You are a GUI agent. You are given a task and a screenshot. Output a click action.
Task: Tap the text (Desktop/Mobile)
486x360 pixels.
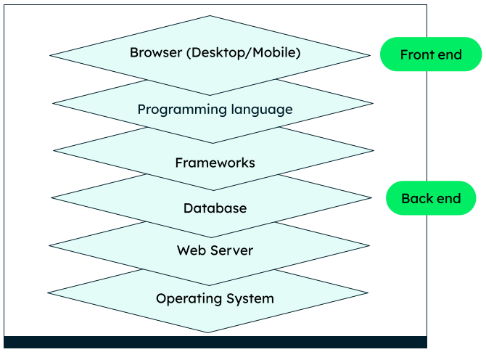click(x=240, y=53)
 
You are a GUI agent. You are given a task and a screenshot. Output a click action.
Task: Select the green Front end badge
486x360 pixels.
click(x=431, y=54)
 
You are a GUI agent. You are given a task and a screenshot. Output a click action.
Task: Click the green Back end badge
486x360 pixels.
click(x=431, y=198)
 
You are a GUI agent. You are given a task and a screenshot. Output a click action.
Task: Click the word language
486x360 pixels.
click(x=258, y=110)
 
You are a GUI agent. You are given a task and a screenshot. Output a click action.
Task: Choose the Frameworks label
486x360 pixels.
click(x=215, y=163)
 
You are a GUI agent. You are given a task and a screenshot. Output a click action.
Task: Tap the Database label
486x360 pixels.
click(x=215, y=208)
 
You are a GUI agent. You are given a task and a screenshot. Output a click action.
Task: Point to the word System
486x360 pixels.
click(x=250, y=298)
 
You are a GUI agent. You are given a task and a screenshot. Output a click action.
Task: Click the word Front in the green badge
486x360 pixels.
click(x=416, y=54)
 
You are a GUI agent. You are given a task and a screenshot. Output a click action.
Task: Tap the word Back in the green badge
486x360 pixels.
click(x=416, y=198)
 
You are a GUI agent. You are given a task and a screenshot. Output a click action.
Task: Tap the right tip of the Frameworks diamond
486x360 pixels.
click(x=372, y=151)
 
